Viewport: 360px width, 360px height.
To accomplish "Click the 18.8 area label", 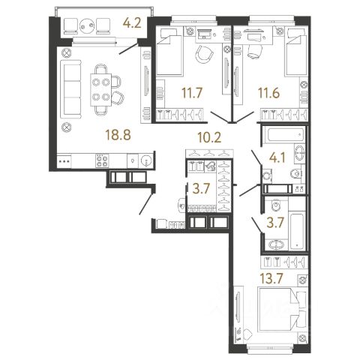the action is [118, 135].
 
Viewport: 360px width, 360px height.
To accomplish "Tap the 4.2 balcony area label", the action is [132, 23].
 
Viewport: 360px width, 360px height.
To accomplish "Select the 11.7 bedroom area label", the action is [192, 93].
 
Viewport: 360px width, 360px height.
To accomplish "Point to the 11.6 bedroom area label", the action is [268, 93].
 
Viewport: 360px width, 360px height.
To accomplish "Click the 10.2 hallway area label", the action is [209, 137].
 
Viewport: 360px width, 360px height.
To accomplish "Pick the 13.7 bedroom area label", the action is [271, 278].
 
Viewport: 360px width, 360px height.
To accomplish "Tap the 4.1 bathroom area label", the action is [277, 157].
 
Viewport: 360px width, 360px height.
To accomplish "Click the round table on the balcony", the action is [87, 25].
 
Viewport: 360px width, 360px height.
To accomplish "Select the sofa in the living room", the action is [71, 88].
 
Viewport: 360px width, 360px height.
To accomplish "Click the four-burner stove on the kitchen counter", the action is [102, 160].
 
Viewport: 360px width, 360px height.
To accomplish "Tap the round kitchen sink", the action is [145, 160].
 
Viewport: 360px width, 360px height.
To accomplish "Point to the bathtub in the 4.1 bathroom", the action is [286, 134].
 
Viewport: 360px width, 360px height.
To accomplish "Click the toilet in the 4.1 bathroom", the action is [296, 173].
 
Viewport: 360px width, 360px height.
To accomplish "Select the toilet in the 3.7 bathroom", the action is [276, 205].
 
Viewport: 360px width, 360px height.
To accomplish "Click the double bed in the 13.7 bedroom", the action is [281, 310].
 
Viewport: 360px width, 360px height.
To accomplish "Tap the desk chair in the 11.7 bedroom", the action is [205, 54].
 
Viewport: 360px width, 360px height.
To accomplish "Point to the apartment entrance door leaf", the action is [146, 204].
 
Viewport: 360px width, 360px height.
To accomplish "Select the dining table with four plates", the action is [101, 89].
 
